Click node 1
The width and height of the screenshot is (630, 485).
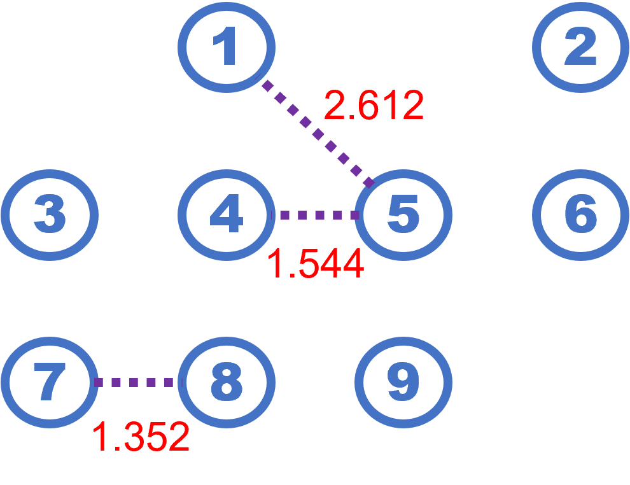(227, 47)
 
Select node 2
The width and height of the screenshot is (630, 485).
(580, 47)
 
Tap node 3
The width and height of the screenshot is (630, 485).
(50, 214)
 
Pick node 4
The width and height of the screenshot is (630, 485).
(227, 214)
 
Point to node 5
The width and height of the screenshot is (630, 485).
(403, 214)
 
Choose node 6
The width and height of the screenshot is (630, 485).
(580, 214)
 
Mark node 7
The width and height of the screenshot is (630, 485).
(50, 382)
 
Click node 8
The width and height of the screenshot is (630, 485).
(227, 382)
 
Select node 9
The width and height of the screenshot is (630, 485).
(403, 382)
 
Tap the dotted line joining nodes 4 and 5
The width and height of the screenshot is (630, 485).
(316, 215)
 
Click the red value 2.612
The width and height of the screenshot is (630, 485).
(374, 106)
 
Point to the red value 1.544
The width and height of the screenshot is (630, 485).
(316, 264)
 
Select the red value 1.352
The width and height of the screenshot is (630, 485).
(141, 437)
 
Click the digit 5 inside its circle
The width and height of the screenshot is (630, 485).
(403, 214)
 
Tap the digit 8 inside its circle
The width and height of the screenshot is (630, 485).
(227, 382)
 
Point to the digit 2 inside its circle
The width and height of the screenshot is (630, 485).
(580, 47)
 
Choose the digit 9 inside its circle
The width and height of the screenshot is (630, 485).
(403, 382)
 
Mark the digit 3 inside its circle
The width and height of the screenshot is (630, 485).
(50, 214)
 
